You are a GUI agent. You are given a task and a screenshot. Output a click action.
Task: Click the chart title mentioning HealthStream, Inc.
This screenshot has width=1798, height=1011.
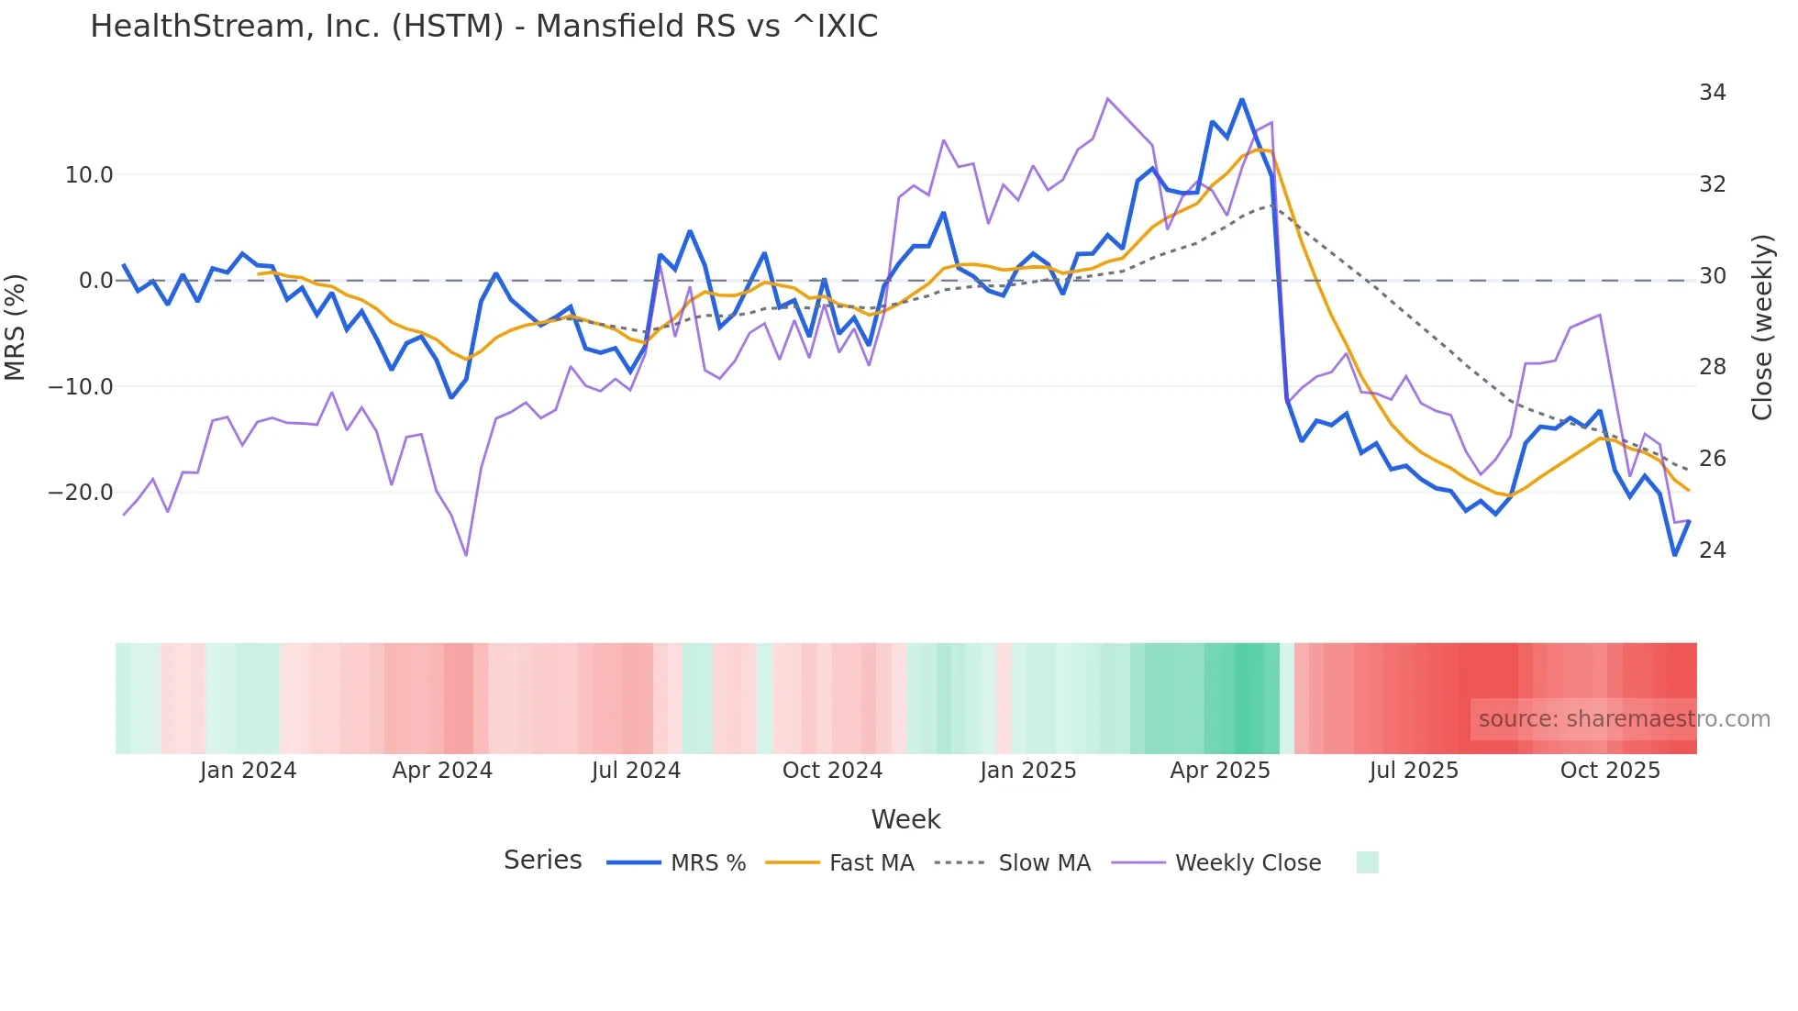pyautogui.click(x=483, y=27)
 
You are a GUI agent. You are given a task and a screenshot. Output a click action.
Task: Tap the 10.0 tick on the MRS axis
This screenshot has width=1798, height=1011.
pyautogui.click(x=89, y=175)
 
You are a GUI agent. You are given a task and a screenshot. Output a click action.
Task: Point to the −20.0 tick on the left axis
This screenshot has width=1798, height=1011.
pyautogui.click(x=81, y=493)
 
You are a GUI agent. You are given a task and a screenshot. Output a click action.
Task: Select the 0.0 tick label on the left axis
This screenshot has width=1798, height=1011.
pyautogui.click(x=95, y=281)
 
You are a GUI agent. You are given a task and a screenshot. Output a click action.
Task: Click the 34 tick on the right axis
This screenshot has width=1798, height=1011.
pyautogui.click(x=1712, y=93)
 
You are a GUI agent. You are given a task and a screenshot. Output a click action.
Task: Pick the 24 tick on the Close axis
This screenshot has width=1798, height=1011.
pyautogui.click(x=1712, y=550)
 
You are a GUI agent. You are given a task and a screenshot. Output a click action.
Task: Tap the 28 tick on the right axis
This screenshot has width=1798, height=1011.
pyautogui.click(x=1712, y=367)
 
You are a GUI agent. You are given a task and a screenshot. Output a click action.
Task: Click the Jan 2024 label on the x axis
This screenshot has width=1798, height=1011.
pyautogui.click(x=248, y=771)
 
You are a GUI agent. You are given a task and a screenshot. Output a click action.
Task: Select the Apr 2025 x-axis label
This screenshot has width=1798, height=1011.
pyautogui.click(x=1219, y=771)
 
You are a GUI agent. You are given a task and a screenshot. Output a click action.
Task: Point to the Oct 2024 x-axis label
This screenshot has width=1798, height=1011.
pyautogui.click(x=832, y=771)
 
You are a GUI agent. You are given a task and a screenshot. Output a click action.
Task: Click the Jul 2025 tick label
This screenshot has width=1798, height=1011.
pyautogui.click(x=1414, y=771)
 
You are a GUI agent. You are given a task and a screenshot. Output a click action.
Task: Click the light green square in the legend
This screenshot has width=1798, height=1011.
pyautogui.click(x=1367, y=862)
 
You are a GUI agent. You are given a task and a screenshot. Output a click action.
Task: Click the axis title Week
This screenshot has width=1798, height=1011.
pyautogui.click(x=905, y=819)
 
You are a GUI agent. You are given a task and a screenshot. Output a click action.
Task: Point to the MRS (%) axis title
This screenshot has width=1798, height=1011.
pyautogui.click(x=16, y=328)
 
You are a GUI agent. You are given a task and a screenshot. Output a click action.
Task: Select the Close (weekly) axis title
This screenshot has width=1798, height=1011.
pyautogui.click(x=1762, y=328)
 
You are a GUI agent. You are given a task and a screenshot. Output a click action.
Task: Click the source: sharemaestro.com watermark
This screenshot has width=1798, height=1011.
pyautogui.click(x=1624, y=719)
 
